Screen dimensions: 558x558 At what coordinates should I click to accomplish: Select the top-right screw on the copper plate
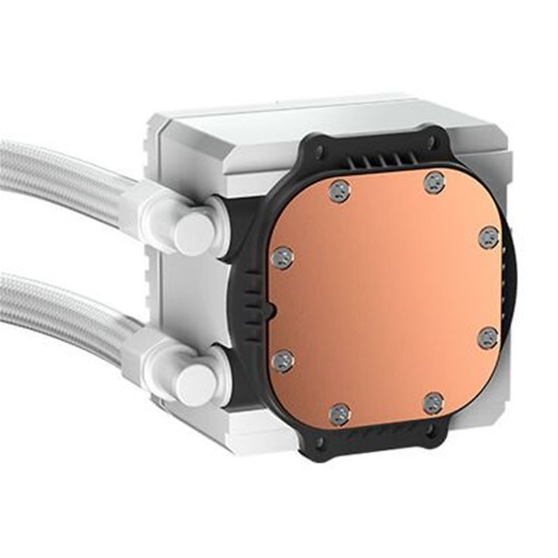tap(434, 182)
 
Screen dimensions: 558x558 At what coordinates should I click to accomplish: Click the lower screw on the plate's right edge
tap(488, 338)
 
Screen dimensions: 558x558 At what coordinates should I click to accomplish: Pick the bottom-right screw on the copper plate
tap(433, 403)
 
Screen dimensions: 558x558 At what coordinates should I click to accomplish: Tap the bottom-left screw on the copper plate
tap(340, 415)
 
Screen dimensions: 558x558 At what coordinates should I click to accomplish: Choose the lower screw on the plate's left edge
tap(283, 361)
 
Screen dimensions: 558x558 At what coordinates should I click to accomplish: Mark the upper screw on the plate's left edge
tap(283, 258)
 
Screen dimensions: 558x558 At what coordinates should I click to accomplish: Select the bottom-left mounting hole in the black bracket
tap(319, 441)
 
